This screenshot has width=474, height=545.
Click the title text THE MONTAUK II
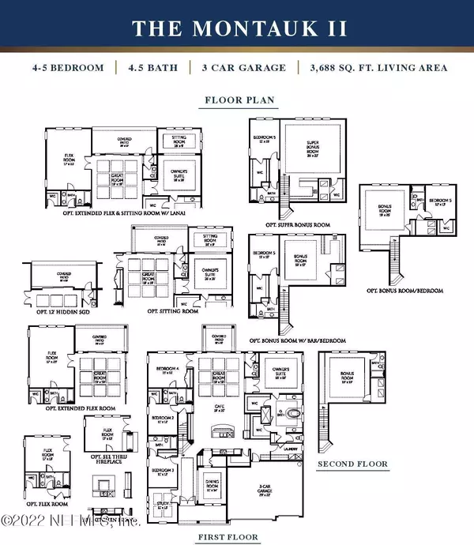[x=237, y=28]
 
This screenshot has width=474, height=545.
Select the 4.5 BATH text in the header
[x=151, y=68]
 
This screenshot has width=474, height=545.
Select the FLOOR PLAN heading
[x=236, y=101]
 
